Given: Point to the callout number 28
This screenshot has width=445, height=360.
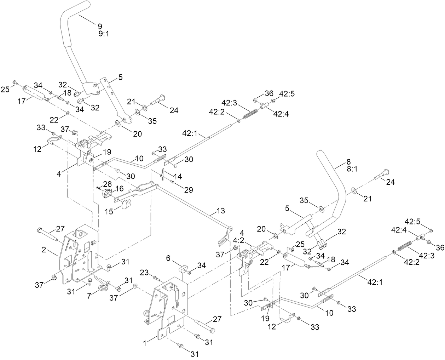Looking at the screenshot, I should [107, 184].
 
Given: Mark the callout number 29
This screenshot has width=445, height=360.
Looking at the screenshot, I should [188, 190].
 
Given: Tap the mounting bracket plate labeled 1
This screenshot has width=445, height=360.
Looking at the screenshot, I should [170, 304].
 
